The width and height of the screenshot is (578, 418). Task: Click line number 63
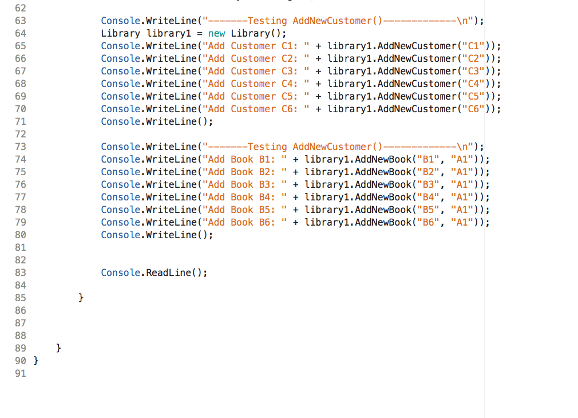[20, 21]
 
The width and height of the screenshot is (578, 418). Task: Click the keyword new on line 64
[217, 33]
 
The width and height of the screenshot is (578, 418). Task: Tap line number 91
[20, 373]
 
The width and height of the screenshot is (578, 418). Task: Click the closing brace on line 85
[81, 298]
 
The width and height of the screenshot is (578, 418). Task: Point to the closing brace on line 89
[59, 348]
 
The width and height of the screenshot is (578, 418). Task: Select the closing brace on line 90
[37, 361]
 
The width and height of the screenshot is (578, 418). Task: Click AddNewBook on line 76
[383, 184]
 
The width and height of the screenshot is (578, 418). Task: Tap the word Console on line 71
[121, 121]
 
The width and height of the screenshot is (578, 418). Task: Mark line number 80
[20, 235]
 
